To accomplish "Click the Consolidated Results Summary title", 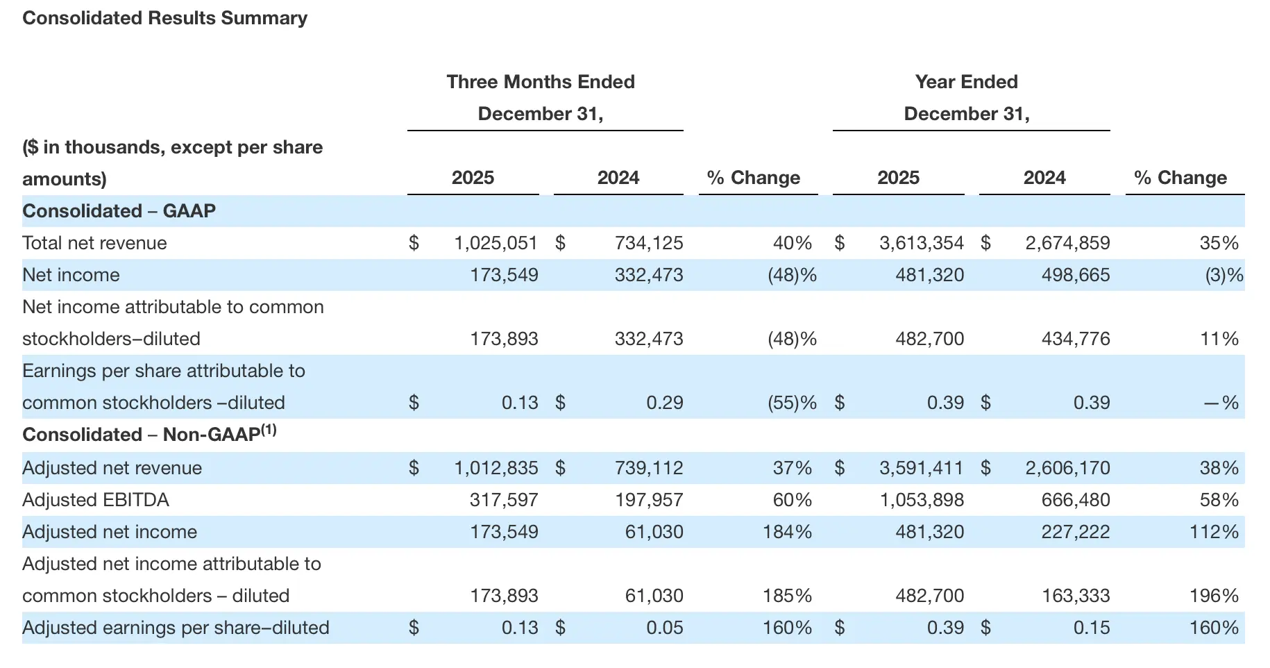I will (164, 18).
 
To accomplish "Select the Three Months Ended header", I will (540, 82).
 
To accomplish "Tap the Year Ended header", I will (966, 82).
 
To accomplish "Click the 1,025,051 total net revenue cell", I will (496, 243).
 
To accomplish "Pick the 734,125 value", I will (648, 243).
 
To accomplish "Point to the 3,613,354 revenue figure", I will (921, 243).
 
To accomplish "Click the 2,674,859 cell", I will (1067, 243).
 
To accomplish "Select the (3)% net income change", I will (1224, 275).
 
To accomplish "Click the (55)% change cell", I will (791, 403).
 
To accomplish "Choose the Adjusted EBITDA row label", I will (96, 500).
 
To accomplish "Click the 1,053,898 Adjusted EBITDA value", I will (922, 500).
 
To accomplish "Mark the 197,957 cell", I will (648, 500).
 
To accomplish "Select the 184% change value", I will (787, 532).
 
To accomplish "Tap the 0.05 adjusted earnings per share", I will (664, 628).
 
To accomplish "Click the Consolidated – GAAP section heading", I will (119, 211).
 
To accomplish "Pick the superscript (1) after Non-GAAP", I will (269, 430).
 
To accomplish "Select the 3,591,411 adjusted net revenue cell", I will (921, 468).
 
